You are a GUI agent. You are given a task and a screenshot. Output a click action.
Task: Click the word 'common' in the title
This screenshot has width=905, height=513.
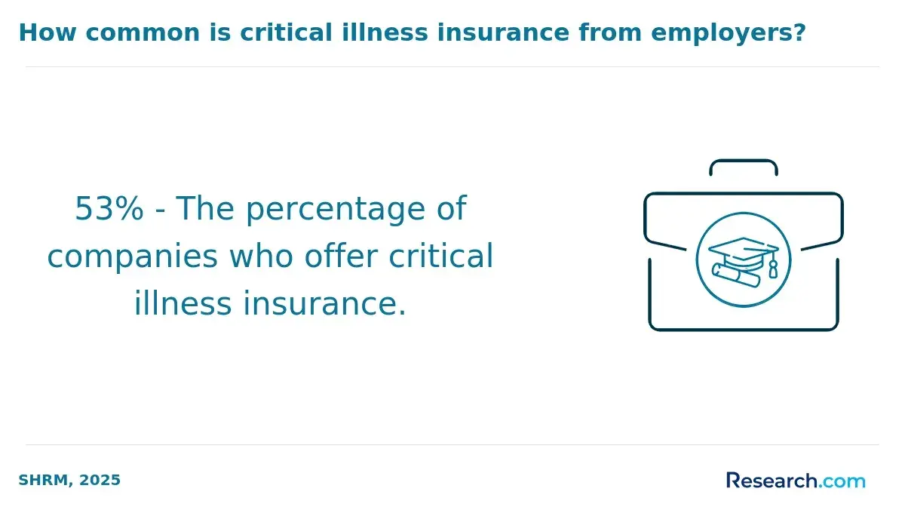coord(143,32)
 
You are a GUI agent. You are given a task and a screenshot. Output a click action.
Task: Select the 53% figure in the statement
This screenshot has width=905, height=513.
coord(109,209)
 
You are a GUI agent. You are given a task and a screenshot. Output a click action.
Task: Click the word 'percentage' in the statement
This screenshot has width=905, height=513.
coord(336,210)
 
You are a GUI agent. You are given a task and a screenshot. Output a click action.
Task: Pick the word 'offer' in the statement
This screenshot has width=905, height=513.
coord(341,256)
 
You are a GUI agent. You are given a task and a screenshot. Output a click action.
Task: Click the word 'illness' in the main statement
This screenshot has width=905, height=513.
coord(183,303)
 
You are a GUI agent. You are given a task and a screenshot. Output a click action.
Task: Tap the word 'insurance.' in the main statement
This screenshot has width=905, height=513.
coord(324,303)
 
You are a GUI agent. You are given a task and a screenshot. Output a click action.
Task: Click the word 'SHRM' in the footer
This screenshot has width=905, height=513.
coord(43,481)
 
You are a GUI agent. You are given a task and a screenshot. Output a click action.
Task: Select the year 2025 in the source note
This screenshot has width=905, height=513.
coord(100,481)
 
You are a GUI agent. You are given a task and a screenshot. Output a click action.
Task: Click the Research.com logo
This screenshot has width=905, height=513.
coord(796,481)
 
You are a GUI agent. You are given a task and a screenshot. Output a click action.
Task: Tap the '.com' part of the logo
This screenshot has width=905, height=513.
coord(842,481)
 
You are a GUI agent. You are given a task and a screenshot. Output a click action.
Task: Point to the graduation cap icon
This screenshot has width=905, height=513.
coord(743,252)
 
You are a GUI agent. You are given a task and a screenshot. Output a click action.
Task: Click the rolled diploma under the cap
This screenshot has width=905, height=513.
coord(735,275)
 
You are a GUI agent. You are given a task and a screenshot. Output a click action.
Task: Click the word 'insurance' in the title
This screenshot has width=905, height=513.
coord(503,32)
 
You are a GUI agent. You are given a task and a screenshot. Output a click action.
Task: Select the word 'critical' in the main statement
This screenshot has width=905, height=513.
coord(440,256)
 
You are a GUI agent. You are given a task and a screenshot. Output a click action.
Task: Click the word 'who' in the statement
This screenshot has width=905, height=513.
coord(261,256)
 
